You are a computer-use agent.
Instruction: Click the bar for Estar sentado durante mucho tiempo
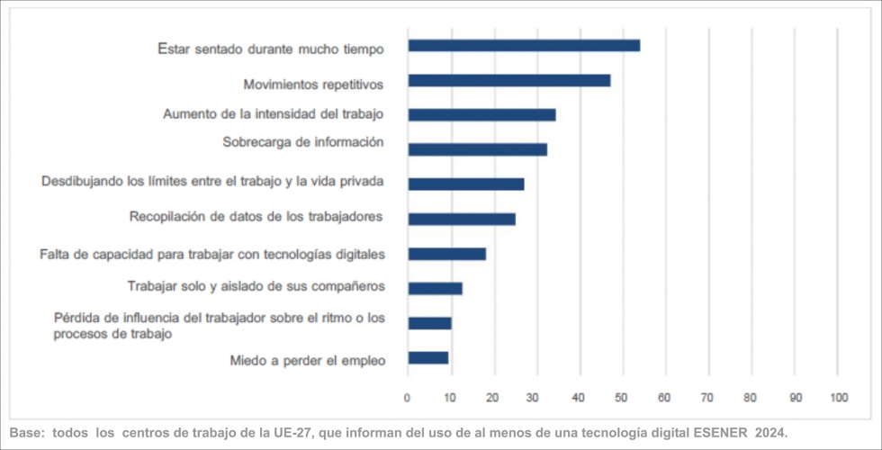click(524, 45)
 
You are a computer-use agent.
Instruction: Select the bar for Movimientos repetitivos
click(508, 80)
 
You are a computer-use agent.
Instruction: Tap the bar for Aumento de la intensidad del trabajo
click(481, 114)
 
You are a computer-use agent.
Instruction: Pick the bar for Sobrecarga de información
click(477, 149)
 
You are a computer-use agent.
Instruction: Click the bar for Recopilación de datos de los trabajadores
click(462, 219)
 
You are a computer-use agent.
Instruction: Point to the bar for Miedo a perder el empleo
click(428, 357)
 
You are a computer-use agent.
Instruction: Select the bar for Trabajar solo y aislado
click(435, 288)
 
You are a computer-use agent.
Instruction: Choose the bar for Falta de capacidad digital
click(447, 254)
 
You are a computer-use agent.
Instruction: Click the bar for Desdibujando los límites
click(466, 184)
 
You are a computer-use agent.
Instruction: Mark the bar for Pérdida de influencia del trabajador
click(430, 323)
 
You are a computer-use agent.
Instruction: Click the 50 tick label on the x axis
click(622, 397)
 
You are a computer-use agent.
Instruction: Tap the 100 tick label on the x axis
click(838, 397)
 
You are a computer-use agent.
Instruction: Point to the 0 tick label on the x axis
click(408, 397)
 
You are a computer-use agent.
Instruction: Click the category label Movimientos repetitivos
click(313, 85)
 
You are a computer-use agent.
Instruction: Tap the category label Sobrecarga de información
click(303, 142)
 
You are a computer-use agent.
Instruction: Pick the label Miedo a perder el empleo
click(307, 361)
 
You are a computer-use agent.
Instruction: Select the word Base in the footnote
click(26, 432)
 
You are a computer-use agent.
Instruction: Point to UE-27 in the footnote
click(291, 432)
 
